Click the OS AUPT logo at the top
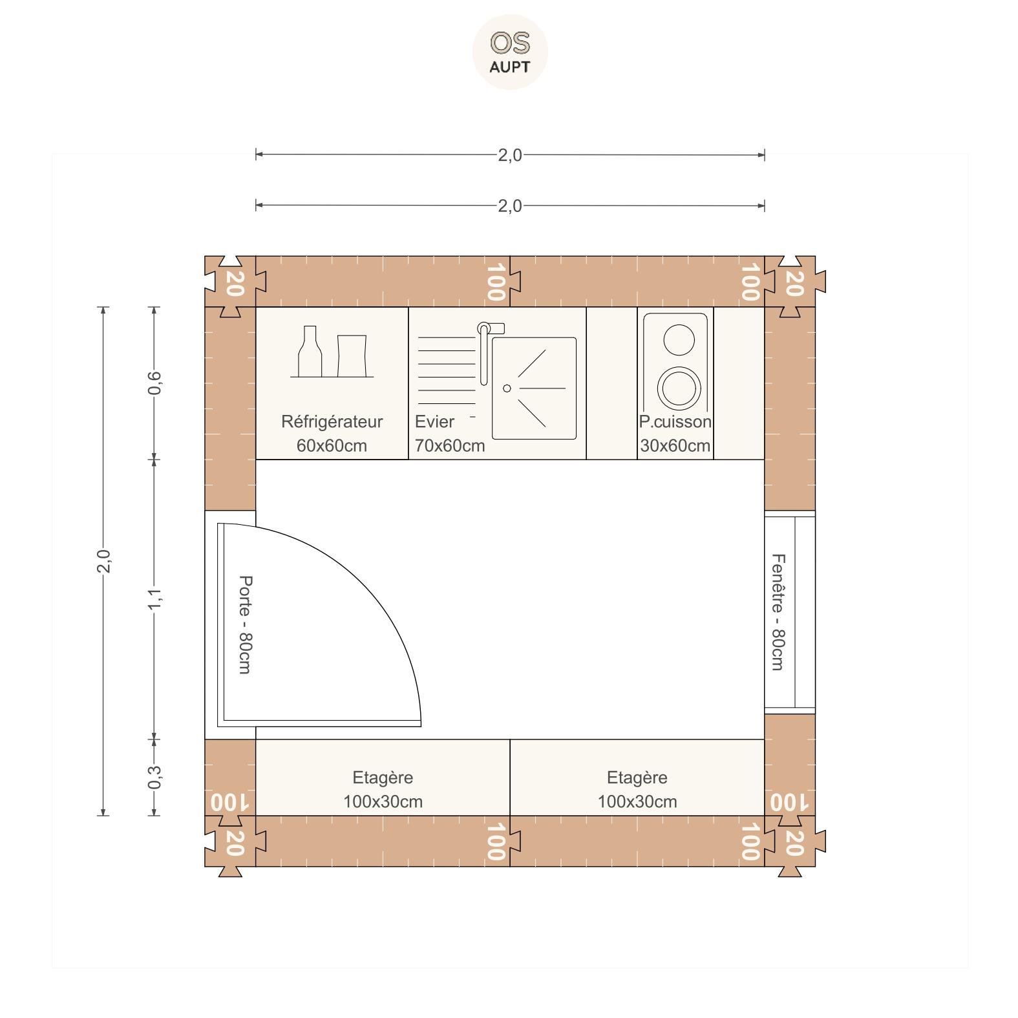coord(510,52)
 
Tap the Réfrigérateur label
coord(332,422)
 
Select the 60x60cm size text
coord(332,445)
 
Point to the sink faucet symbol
coord(488,349)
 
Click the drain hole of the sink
coord(507,388)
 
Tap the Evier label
coord(434,421)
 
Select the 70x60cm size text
coord(450,445)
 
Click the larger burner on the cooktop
coord(679,388)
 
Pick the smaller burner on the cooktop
coord(679,339)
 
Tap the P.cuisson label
coord(675,421)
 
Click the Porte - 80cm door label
coord(245,624)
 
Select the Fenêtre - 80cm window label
coord(778,611)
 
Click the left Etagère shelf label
coord(383,778)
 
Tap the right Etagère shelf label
coord(637,778)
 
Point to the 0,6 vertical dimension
coord(154,383)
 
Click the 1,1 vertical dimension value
coord(154,599)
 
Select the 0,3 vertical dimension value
coord(154,777)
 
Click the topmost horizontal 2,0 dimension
coord(510,155)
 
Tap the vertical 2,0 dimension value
coord(103,560)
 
